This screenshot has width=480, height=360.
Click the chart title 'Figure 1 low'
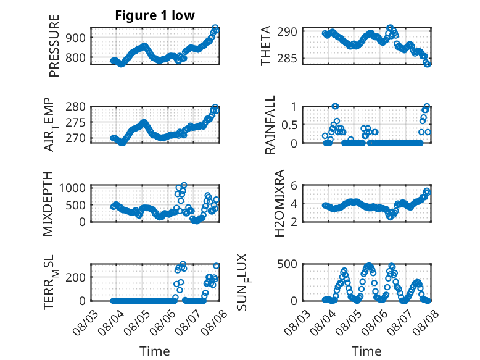[155, 15]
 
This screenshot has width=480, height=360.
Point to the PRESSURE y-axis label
[54, 46]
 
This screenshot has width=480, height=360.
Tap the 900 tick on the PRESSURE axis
[76, 38]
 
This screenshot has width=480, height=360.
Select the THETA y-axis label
[266, 46]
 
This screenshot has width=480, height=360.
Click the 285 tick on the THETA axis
[287, 58]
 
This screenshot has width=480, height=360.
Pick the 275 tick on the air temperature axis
[76, 122]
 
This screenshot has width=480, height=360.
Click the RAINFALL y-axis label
[270, 125]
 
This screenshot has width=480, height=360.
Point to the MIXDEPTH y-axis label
[48, 204]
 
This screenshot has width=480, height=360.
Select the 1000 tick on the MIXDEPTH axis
[72, 188]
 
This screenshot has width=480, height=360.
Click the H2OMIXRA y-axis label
[279, 203]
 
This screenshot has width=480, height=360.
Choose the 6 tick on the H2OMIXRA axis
[294, 185]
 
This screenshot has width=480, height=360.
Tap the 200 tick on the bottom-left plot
[76, 277]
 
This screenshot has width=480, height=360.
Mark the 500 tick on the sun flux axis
[287, 264]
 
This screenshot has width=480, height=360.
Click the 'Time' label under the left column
[155, 351]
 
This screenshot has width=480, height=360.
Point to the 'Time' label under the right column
[366, 351]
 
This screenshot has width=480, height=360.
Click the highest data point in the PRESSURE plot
[215, 28]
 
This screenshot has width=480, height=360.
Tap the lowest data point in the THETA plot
[428, 64]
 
